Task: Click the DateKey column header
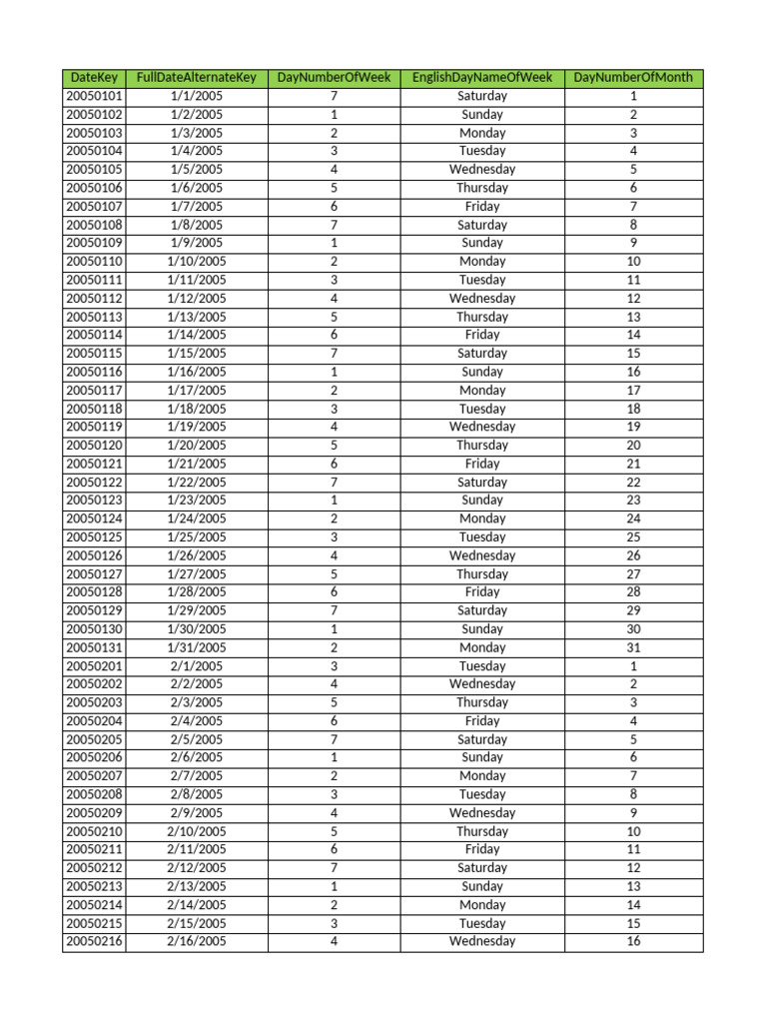pos(94,78)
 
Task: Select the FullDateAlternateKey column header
pos(197,78)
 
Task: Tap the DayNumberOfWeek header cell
pos(334,78)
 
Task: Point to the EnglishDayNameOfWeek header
pos(481,78)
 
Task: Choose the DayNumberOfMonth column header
pos(633,78)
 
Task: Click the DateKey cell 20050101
pos(94,97)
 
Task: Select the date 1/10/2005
pos(197,262)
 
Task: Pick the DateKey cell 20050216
pos(94,941)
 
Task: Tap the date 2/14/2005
pos(197,905)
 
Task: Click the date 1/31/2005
pos(197,647)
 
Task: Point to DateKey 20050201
pos(94,666)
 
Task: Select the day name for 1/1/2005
pos(481,97)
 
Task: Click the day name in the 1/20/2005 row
pos(481,446)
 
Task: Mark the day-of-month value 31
pos(633,647)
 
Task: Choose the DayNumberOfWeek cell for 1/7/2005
pos(334,207)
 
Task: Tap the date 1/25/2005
pos(197,537)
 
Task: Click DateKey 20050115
pos(94,354)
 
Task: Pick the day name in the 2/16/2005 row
pos(481,941)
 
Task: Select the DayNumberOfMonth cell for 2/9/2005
pos(633,813)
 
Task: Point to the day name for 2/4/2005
pos(481,721)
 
